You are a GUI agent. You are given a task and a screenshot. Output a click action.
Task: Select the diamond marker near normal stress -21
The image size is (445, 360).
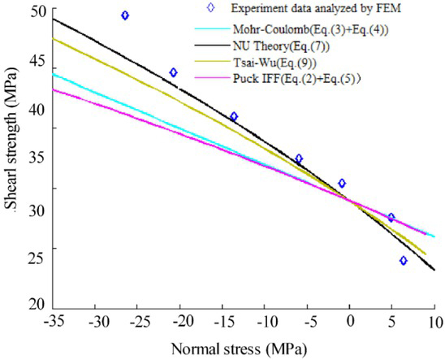click(x=173, y=72)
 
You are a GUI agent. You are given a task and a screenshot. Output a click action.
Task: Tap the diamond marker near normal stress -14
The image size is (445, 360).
click(x=234, y=116)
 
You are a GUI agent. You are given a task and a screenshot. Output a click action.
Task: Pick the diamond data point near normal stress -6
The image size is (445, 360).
click(x=299, y=158)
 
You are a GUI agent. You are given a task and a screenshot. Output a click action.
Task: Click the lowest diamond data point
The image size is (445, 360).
click(x=404, y=261)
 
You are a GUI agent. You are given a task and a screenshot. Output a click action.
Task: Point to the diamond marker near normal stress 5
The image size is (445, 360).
click(x=391, y=217)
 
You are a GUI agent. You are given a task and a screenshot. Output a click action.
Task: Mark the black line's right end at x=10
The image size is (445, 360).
click(x=434, y=270)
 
